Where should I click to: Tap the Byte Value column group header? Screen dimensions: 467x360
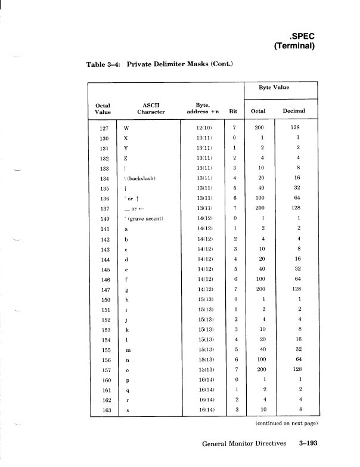pyautogui.click(x=274, y=87)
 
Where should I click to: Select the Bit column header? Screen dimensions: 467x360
pyautogui.click(x=233, y=111)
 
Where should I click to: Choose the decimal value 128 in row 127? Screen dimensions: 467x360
pyautogui.click(x=294, y=128)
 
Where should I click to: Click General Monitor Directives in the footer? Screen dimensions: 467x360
pyautogui.click(x=244, y=443)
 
